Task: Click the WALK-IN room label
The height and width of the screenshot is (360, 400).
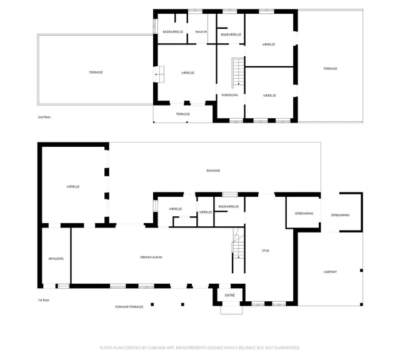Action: pos(201,32)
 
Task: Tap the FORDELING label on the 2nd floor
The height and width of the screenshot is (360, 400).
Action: pos(229,95)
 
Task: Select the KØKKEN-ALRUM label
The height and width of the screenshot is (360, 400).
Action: pos(151,257)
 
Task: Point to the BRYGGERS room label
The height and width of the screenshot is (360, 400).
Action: pos(56,259)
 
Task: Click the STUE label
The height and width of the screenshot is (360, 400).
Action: pos(266,251)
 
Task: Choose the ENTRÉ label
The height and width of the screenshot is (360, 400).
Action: pos(230,295)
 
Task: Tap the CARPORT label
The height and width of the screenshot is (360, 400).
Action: pos(330,272)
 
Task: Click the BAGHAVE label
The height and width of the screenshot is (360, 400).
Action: pos(213,171)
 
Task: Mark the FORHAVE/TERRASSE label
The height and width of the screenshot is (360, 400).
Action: pos(129,307)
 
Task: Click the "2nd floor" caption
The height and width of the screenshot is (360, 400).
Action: pos(44,117)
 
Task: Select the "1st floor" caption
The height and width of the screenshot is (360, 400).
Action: pos(44,300)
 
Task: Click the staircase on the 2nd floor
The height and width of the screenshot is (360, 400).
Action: pos(238,73)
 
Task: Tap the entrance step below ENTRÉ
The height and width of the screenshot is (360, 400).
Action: pos(231,310)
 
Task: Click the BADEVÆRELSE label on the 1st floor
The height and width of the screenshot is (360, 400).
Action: pos(229,207)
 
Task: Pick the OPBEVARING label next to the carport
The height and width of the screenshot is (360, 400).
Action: pos(340,216)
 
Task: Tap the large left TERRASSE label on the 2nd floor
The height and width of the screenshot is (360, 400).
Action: pos(96,72)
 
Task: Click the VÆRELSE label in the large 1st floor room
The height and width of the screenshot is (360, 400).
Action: pos(73,187)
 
